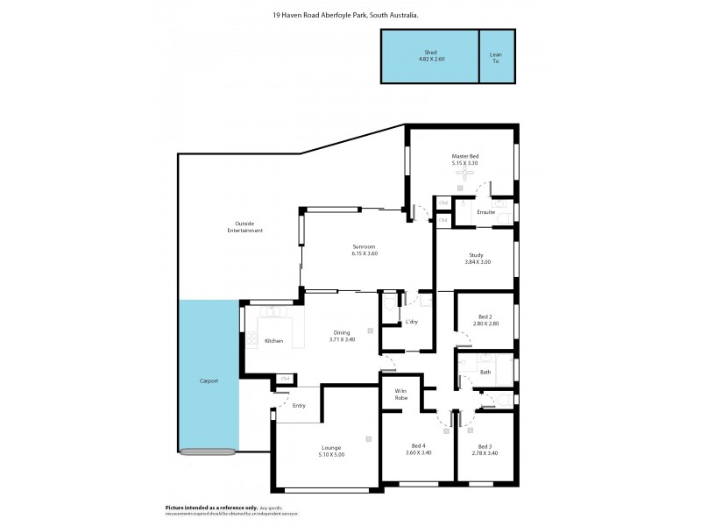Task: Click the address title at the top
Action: pos(344,15)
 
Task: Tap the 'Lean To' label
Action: pos(495,56)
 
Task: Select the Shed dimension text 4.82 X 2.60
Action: pos(429,60)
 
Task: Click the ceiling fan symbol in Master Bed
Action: pos(464,174)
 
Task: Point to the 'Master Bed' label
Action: pos(464,156)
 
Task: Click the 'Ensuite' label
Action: pos(486,212)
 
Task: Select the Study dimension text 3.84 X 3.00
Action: pos(477,262)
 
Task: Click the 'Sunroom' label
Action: pos(364,247)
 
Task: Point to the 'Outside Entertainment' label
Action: pos(245,226)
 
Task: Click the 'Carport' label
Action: pos(209,380)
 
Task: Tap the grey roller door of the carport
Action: pos(209,451)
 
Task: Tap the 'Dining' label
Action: pos(342,332)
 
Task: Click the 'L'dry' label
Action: pos(411,322)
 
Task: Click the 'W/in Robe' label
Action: pos(401,394)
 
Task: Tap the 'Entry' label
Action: pos(299,405)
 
